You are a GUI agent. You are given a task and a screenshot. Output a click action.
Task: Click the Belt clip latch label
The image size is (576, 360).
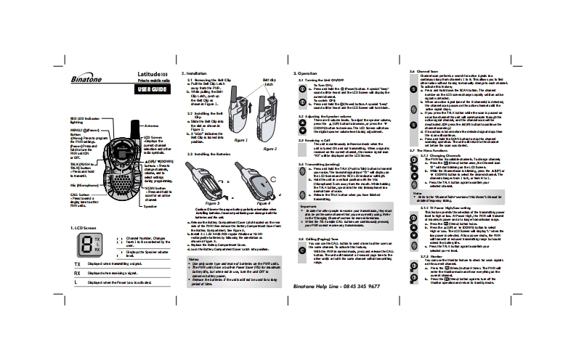(x=269, y=81)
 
